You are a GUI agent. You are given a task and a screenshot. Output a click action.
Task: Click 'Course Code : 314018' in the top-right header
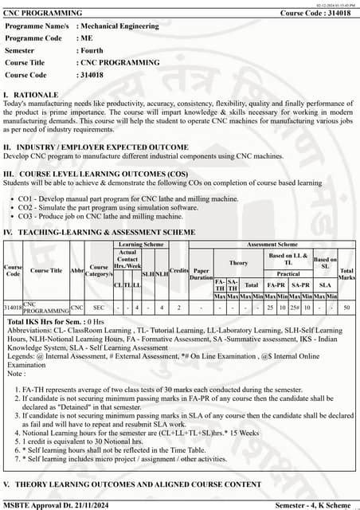tap(317, 14)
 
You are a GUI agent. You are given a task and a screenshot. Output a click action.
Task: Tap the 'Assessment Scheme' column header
tap(272, 245)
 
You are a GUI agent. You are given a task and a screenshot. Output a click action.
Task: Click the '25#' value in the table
tap(293, 307)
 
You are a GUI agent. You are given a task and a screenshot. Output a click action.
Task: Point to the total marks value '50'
tap(346, 307)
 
